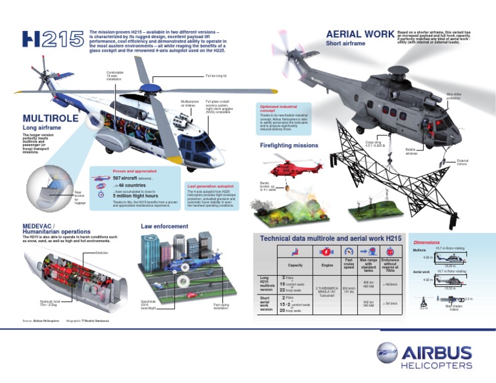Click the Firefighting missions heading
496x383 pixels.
289,146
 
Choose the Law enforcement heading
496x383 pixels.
165,227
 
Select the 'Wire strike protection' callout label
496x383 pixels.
455,96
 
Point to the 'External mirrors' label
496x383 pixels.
462,161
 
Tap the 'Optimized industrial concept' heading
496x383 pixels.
277,108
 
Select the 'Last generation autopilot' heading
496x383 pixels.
210,185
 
